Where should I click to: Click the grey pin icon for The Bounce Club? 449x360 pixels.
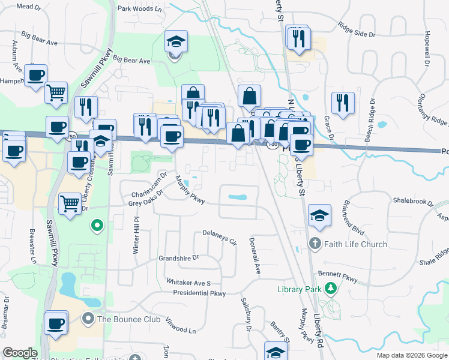[x=89, y=319]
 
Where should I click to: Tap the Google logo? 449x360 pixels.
[x=20, y=353]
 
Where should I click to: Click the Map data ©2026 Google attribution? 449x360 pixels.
[x=412, y=355]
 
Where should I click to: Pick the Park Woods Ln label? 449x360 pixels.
[x=140, y=9]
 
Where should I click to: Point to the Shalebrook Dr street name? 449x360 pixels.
[x=413, y=201]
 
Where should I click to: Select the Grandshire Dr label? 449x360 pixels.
[x=178, y=259]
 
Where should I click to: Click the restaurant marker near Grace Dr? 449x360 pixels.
[x=342, y=102]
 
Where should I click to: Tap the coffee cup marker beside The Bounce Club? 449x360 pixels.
[x=56, y=323]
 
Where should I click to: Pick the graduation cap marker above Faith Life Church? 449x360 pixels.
[x=320, y=215]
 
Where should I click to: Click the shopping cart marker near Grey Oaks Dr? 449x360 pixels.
[x=70, y=204]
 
